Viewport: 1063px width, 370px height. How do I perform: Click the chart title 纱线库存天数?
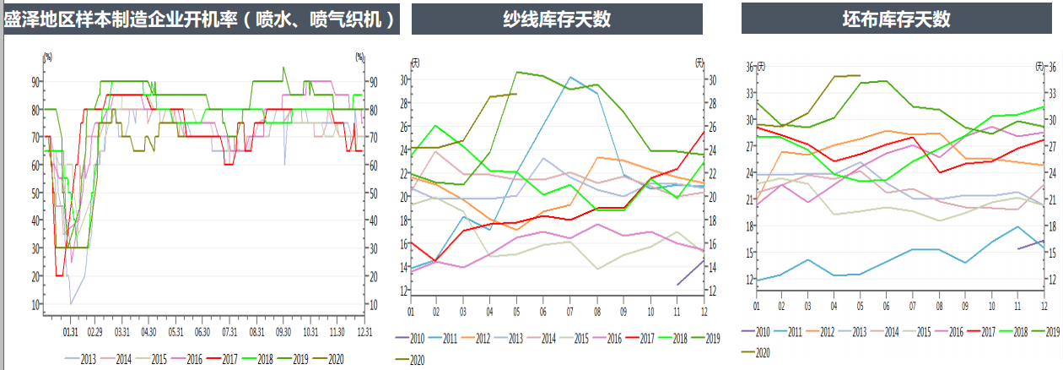pos(557,19)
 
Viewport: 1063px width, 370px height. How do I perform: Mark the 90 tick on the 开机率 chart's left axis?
pos(36,82)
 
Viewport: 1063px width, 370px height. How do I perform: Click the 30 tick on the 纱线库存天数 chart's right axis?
pos(710,80)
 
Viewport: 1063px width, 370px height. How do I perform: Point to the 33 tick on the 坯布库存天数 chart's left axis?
pos(750,93)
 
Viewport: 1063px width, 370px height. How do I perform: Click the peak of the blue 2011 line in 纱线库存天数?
pos(570,77)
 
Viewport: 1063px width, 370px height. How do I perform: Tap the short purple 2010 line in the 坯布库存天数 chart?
pos(1031,245)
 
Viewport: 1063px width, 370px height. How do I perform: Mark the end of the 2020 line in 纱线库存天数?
pos(516,94)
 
